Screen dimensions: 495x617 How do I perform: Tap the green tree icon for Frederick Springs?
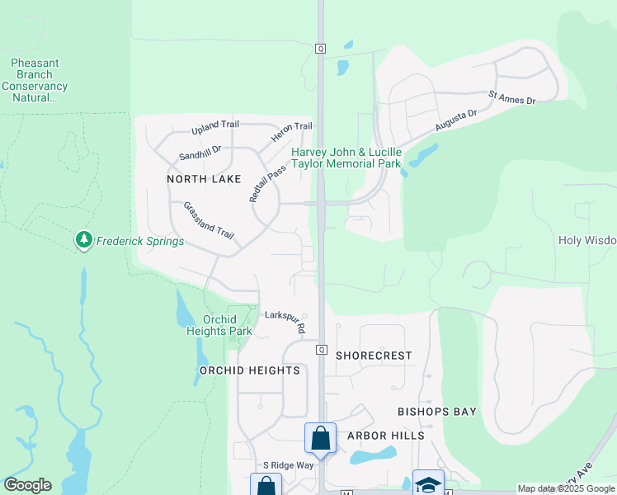pos(83,240)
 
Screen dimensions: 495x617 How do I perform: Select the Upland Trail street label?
pos(214,125)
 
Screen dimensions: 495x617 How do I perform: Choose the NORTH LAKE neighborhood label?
pos(204,179)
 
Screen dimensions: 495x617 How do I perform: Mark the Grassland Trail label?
pos(209,220)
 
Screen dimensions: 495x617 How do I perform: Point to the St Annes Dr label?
pos(512,99)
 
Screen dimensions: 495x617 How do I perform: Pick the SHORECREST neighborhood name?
pos(374,356)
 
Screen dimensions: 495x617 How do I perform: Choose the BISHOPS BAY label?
pos(436,411)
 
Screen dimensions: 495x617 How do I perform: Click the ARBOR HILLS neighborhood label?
pos(385,436)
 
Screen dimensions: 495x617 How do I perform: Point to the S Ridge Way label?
pos(288,465)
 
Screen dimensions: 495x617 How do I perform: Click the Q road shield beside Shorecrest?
pos(321,350)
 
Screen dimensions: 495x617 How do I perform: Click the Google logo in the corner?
pos(27,485)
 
